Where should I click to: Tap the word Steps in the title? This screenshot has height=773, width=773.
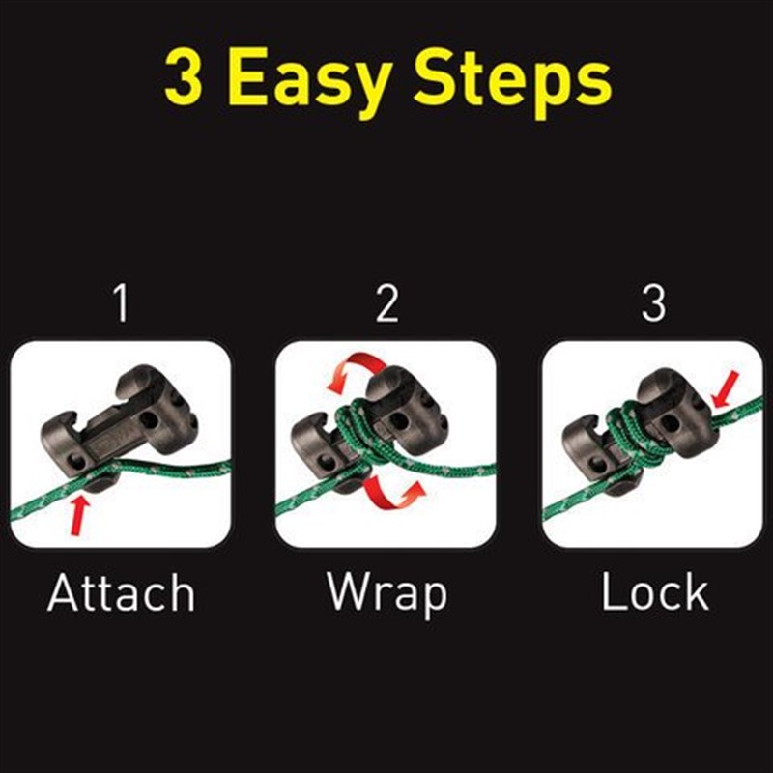pyautogui.click(x=513, y=81)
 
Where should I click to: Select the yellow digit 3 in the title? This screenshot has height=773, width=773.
pyautogui.click(x=184, y=76)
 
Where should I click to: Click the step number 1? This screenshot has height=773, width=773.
pyautogui.click(x=121, y=303)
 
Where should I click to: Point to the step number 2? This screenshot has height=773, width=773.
pyautogui.click(x=387, y=303)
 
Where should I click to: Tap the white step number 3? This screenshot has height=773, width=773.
pyautogui.click(x=654, y=303)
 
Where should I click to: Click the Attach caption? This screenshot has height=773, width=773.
pyautogui.click(x=122, y=592)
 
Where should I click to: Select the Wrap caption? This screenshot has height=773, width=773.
pyautogui.click(x=387, y=594)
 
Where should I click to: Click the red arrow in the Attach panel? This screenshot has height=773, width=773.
pyautogui.click(x=79, y=515)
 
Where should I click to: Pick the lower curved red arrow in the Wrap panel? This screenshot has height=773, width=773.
pyautogui.click(x=392, y=493)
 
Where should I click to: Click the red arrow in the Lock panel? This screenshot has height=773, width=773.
pyautogui.click(x=725, y=389)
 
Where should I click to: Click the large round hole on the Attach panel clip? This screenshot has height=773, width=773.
pyautogui.click(x=149, y=420)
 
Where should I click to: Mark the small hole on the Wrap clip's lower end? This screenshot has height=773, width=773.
pyautogui.click(x=325, y=463)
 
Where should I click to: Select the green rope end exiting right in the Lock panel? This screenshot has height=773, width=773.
pyautogui.click(x=737, y=414)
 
